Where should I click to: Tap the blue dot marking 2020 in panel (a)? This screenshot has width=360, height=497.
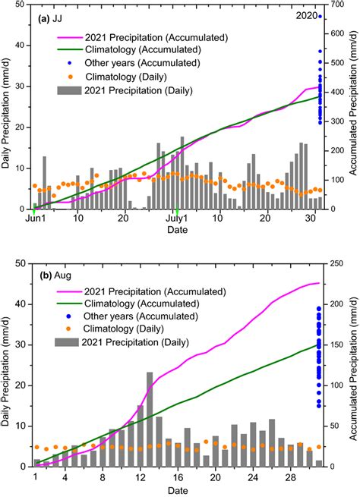point(320,17)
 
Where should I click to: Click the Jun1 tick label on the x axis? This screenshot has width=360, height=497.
point(35,219)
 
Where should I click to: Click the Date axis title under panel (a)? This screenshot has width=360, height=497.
point(177,230)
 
